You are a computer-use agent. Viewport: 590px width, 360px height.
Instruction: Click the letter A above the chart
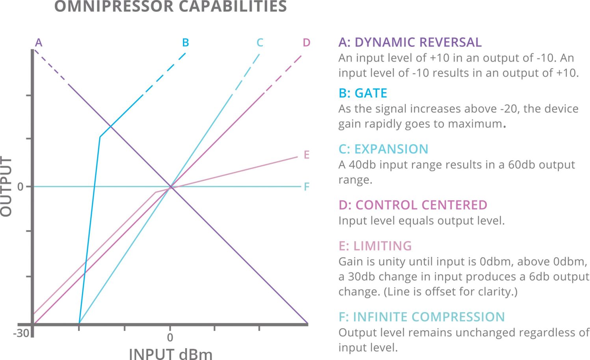click(38, 43)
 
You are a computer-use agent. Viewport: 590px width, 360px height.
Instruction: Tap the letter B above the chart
click(186, 43)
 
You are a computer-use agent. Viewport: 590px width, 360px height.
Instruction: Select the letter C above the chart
click(260, 43)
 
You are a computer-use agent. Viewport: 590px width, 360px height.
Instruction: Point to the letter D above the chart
click(307, 43)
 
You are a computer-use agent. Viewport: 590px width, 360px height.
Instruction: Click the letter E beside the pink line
click(307, 155)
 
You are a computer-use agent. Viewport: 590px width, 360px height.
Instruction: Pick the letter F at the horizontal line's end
click(307, 187)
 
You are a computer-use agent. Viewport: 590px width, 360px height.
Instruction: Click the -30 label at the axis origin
click(21, 334)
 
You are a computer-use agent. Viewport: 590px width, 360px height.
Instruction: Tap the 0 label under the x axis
click(170, 338)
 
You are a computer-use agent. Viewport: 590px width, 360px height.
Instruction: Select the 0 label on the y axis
click(20, 187)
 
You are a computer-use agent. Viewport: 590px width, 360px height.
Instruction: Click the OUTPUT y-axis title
click(6, 186)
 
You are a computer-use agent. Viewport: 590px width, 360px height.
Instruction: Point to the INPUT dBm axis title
click(170, 354)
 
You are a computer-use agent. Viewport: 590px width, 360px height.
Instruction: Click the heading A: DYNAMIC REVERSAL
click(410, 42)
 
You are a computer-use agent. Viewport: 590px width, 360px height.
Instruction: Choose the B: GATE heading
click(363, 93)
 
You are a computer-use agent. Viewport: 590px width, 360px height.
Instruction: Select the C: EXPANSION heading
click(383, 149)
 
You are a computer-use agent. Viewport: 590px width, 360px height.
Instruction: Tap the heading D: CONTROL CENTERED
click(413, 205)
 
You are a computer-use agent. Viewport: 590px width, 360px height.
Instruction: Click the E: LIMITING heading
click(375, 246)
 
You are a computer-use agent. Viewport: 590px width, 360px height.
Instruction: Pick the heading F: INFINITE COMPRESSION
click(421, 317)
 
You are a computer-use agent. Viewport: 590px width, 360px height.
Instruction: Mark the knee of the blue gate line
click(100, 137)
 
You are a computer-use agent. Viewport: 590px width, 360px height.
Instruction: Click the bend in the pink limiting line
click(156, 192)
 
